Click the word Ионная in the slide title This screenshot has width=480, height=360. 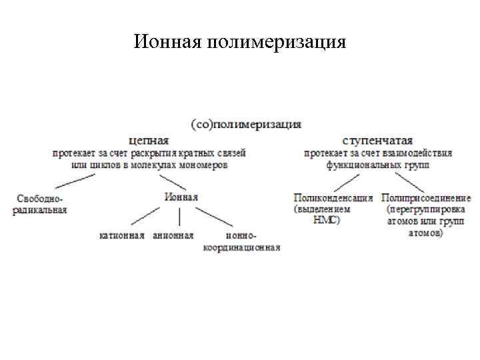(x=167, y=43)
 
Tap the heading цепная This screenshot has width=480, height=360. (x=149, y=141)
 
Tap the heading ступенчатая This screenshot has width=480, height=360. (x=377, y=141)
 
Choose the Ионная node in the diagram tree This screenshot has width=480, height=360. (x=180, y=197)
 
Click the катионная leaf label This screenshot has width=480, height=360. (x=122, y=235)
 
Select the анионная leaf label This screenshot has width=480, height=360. (x=173, y=235)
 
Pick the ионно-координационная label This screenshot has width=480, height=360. (x=242, y=241)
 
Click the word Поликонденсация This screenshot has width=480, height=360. (x=333, y=198)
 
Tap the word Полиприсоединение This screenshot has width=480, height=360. (x=426, y=198)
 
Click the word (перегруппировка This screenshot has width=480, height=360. (x=427, y=209)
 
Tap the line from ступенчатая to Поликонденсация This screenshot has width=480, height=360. (x=346, y=181)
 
